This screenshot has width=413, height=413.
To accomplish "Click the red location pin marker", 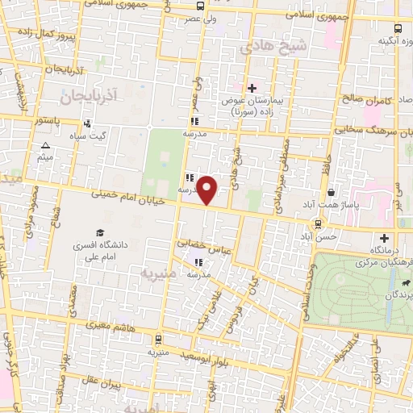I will (x=208, y=190).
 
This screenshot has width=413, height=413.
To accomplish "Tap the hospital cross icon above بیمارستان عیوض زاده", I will (x=252, y=87).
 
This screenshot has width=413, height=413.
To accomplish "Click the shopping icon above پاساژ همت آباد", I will (x=332, y=192).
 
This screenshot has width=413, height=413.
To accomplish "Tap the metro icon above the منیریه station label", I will (x=157, y=338).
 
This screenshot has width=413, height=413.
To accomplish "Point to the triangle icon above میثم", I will (x=45, y=146).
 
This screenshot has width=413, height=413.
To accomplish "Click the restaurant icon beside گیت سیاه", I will (x=86, y=123).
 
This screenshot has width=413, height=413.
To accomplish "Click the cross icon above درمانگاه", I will (x=385, y=238).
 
